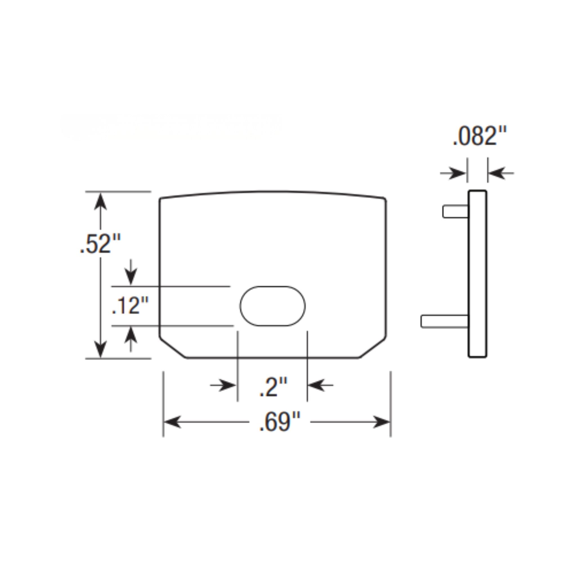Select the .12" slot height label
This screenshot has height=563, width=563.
130,306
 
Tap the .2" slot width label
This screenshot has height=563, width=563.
273,387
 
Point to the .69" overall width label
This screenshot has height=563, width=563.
280,422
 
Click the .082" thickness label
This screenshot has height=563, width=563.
479,136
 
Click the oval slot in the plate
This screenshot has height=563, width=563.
272,306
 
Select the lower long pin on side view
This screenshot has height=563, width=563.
444,321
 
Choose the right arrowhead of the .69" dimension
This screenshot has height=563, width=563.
381,422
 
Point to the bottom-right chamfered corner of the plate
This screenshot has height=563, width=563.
373,348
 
